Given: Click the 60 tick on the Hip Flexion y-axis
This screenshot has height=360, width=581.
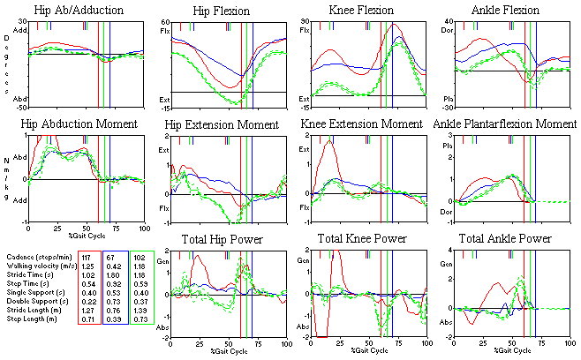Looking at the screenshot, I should [165, 21].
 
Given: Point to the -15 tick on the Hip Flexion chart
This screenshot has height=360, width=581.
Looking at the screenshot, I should [163, 107].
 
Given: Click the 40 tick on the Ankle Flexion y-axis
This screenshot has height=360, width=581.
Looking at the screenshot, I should [448, 21].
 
